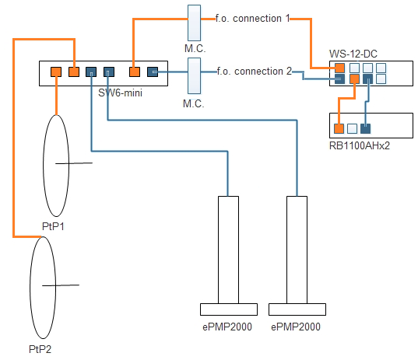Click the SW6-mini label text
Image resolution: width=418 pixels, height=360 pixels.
click(120, 93)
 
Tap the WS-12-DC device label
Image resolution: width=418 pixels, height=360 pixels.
click(353, 54)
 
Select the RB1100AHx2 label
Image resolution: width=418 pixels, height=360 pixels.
click(360, 145)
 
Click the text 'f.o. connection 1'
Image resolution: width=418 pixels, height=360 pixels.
click(252, 19)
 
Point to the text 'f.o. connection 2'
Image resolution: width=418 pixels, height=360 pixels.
click(255, 71)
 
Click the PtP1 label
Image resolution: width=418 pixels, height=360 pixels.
click(53, 226)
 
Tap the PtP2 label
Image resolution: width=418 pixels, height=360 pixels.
click(40, 349)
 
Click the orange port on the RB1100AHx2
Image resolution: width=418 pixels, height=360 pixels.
click(339, 128)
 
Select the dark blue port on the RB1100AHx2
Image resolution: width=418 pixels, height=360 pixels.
click(365, 128)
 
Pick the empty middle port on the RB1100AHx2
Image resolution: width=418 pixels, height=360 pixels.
click(352, 128)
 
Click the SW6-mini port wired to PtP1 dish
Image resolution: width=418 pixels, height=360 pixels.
click(56, 72)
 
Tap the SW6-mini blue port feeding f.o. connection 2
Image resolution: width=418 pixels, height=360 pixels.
click(153, 72)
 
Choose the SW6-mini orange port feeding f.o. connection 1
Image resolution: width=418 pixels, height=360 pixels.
click(135, 72)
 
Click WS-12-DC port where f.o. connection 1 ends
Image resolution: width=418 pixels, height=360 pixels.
click(339, 68)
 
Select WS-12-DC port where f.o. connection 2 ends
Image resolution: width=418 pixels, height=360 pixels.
click(339, 79)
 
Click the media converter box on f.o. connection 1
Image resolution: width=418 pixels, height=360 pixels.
click(194, 23)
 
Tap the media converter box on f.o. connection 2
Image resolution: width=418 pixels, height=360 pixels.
click(194, 76)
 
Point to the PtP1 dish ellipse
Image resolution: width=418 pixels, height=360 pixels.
click(43, 166)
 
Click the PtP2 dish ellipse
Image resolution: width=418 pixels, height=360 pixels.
click(30, 288)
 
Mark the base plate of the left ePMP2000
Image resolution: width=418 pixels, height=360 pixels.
click(229, 309)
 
